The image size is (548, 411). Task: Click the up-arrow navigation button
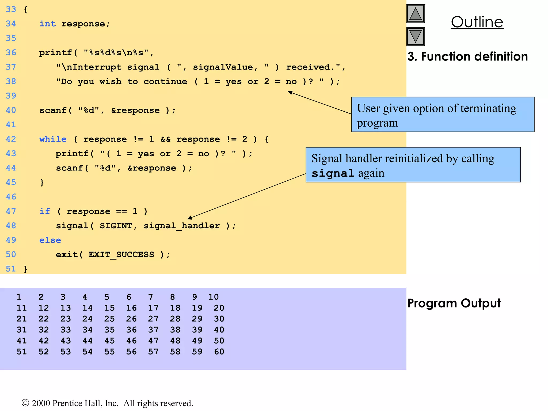(416, 14)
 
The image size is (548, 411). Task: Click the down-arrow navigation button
(416, 36)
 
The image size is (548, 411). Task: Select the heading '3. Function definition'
(467, 56)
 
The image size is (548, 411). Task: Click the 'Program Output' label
(454, 303)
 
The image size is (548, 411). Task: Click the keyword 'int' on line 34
(48, 24)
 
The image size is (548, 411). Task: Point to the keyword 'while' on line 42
(53, 139)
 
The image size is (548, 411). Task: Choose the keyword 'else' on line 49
(50, 240)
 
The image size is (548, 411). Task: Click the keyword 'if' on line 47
(45, 211)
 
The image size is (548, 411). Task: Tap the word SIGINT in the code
(116, 226)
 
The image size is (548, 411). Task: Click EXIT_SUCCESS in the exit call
(121, 255)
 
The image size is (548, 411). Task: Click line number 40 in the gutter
(11, 110)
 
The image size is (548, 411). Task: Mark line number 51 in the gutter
(11, 269)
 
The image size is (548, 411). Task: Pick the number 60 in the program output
(219, 352)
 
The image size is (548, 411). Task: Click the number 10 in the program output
(214, 297)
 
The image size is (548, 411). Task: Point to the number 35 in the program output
(109, 330)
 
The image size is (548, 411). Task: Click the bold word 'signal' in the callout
(333, 173)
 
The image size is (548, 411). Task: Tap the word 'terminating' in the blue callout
(488, 108)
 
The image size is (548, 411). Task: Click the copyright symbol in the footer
(25, 403)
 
